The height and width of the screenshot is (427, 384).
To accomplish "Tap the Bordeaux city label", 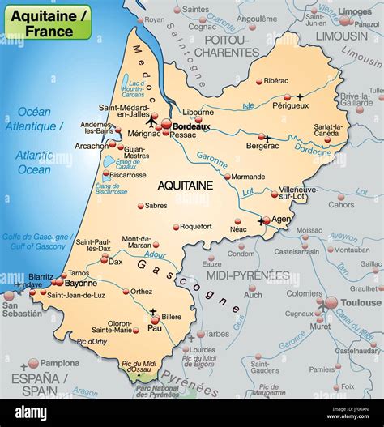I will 192,126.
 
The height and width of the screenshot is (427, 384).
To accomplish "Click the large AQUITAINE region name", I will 186,186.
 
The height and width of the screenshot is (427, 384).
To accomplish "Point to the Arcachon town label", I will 92,146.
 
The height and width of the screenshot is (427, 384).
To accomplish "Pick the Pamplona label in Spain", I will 60,363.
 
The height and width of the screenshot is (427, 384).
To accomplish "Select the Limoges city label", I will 356,11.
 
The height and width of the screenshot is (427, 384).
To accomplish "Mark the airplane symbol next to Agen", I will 262,220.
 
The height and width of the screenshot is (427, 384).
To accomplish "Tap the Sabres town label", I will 156,206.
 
